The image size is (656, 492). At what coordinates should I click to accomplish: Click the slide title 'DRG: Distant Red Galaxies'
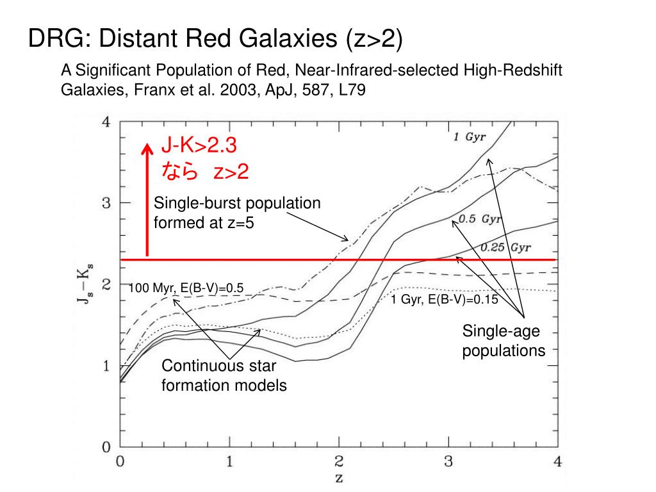tap(215, 40)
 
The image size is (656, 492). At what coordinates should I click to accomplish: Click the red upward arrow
tap(147, 199)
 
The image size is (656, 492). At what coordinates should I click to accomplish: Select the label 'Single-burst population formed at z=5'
tap(236, 213)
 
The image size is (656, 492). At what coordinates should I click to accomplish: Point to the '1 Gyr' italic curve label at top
tap(470, 138)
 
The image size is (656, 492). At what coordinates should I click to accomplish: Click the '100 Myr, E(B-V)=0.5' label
tap(186, 288)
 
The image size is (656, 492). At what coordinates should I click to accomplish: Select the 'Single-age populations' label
tap(504, 341)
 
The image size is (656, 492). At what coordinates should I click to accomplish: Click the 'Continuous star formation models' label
tap(223, 375)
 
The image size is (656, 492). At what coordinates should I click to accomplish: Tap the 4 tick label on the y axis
tap(106, 122)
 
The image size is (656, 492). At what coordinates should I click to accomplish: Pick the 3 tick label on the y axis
tap(106, 203)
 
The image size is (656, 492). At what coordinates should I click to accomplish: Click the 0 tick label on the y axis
tap(106, 447)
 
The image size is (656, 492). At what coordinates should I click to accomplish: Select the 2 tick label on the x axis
tap(339, 461)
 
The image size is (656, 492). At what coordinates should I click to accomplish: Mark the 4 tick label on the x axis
tap(557, 461)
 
